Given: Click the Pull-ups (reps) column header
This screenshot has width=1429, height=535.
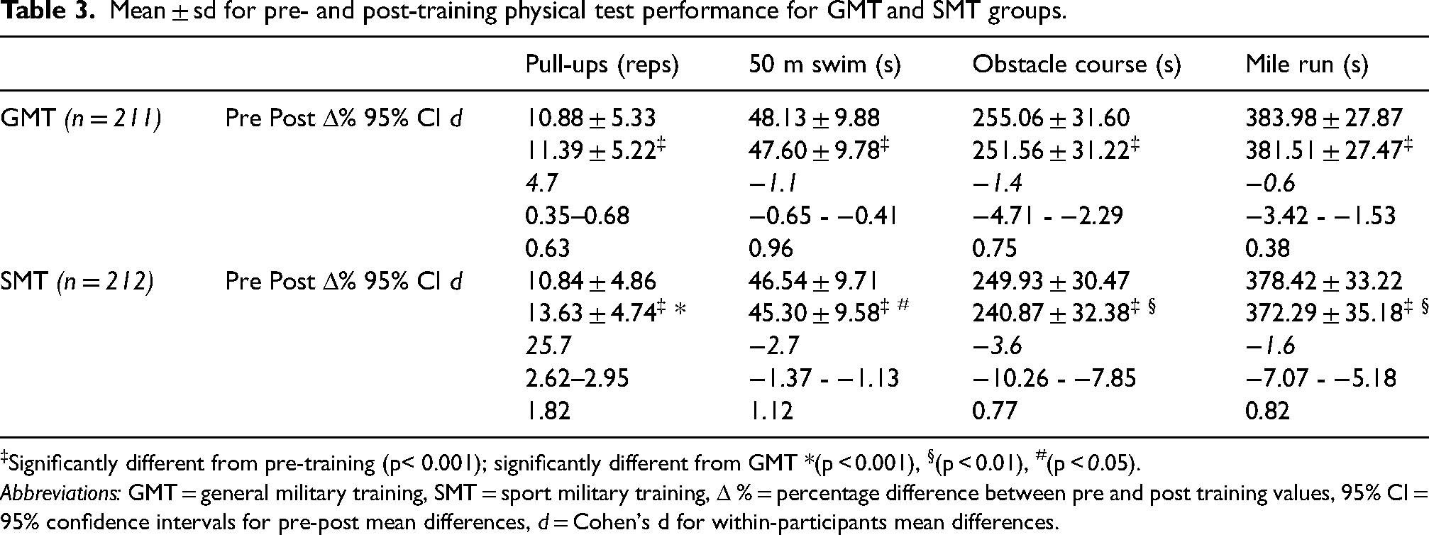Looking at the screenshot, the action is [602, 65].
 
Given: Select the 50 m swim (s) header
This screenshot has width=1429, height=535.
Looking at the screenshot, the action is [824, 65].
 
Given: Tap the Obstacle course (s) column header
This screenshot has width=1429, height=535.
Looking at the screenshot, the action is [1076, 65].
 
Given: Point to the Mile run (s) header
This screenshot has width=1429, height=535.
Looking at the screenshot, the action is [1306, 65].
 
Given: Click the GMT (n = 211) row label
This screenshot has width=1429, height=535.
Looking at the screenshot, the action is [81, 118].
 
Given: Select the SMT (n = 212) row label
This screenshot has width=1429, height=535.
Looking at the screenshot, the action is [77, 282].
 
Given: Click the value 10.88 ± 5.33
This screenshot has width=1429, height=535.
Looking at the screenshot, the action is [590, 118].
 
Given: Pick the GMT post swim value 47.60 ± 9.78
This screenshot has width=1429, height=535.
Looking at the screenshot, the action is [814, 150].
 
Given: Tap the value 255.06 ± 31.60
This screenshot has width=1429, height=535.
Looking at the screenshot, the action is [1051, 118].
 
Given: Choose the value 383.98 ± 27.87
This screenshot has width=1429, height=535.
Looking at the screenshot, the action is [1324, 118].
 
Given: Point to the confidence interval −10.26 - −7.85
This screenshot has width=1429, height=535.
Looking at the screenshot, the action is [1054, 379].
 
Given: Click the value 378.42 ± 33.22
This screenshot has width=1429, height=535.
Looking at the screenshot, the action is [1324, 282].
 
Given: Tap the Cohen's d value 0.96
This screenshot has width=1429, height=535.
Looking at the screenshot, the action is [771, 248].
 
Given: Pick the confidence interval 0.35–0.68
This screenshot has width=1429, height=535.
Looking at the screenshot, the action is [577, 216].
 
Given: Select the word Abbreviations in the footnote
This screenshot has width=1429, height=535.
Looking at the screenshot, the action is [60, 492].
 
